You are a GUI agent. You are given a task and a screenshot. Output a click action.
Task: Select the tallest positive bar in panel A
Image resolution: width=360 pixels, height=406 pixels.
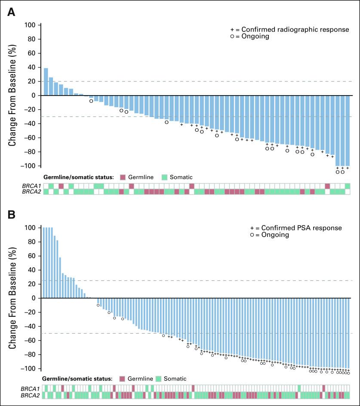point(46,82)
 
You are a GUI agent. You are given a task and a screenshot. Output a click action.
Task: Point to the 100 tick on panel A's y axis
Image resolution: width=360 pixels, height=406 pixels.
point(30,25)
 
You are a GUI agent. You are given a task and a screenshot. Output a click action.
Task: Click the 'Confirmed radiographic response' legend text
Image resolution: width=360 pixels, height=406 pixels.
point(295,29)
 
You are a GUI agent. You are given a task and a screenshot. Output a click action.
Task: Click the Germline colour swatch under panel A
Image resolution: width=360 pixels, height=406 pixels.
point(122,177)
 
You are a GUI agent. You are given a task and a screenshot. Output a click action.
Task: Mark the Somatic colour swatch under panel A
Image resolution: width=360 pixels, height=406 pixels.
point(164,177)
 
